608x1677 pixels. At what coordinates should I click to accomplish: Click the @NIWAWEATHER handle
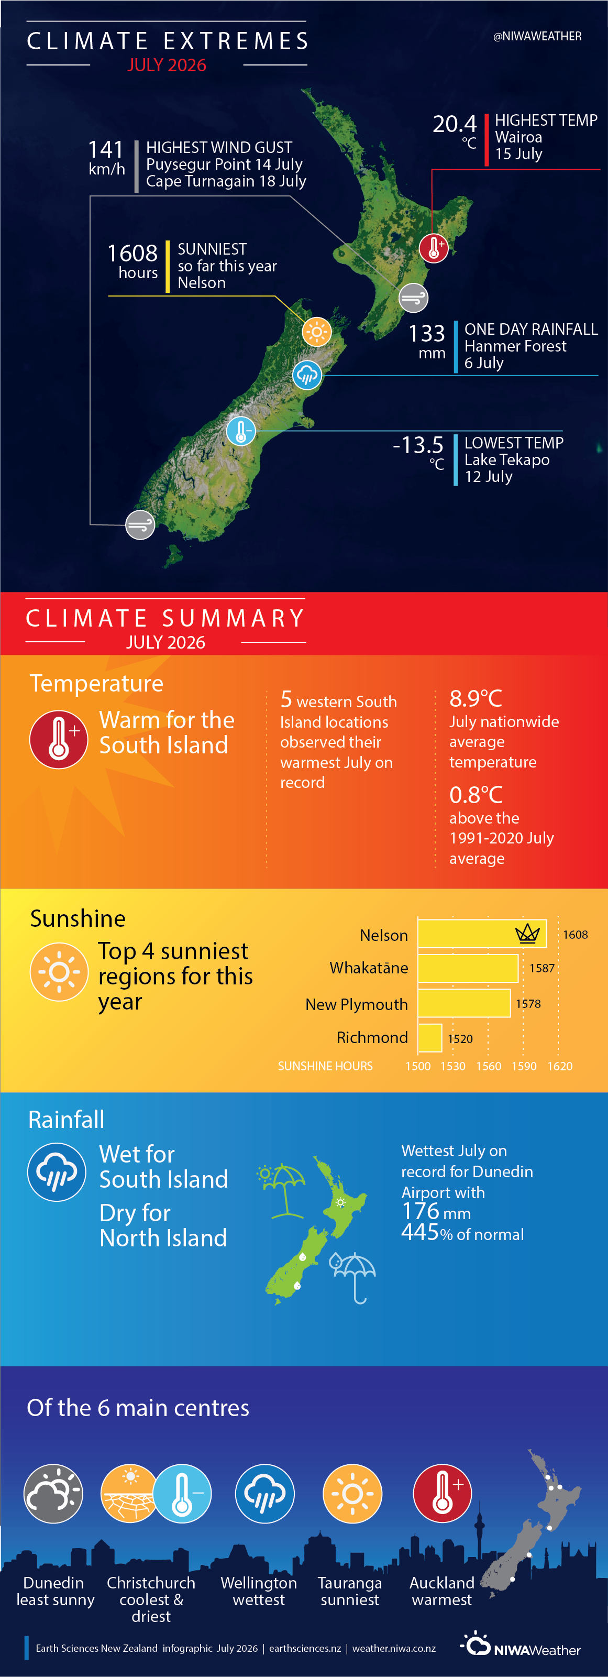tap(537, 37)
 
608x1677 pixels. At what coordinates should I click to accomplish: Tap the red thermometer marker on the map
tap(434, 248)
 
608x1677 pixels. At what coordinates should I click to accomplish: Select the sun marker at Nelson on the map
tap(317, 332)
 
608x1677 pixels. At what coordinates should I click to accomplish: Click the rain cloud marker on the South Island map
tap(307, 375)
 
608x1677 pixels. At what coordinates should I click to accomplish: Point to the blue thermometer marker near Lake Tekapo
tap(241, 431)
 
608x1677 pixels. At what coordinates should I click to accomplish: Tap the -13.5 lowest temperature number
tap(418, 445)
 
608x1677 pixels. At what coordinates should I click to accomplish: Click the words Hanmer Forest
tap(515, 346)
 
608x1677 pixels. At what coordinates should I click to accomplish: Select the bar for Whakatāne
tap(468, 968)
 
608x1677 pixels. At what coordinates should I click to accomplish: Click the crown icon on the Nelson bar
tap(527, 934)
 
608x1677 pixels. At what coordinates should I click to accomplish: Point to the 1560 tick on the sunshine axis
tap(488, 1066)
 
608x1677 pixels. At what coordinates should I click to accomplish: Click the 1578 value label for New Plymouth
tap(528, 1004)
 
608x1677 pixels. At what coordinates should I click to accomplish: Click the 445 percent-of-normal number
tap(421, 1232)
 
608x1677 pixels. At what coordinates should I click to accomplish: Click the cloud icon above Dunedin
tap(53, 1494)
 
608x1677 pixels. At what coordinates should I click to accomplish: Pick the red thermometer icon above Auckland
tap(442, 1494)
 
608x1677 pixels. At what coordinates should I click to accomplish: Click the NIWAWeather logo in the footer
tap(521, 1645)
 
